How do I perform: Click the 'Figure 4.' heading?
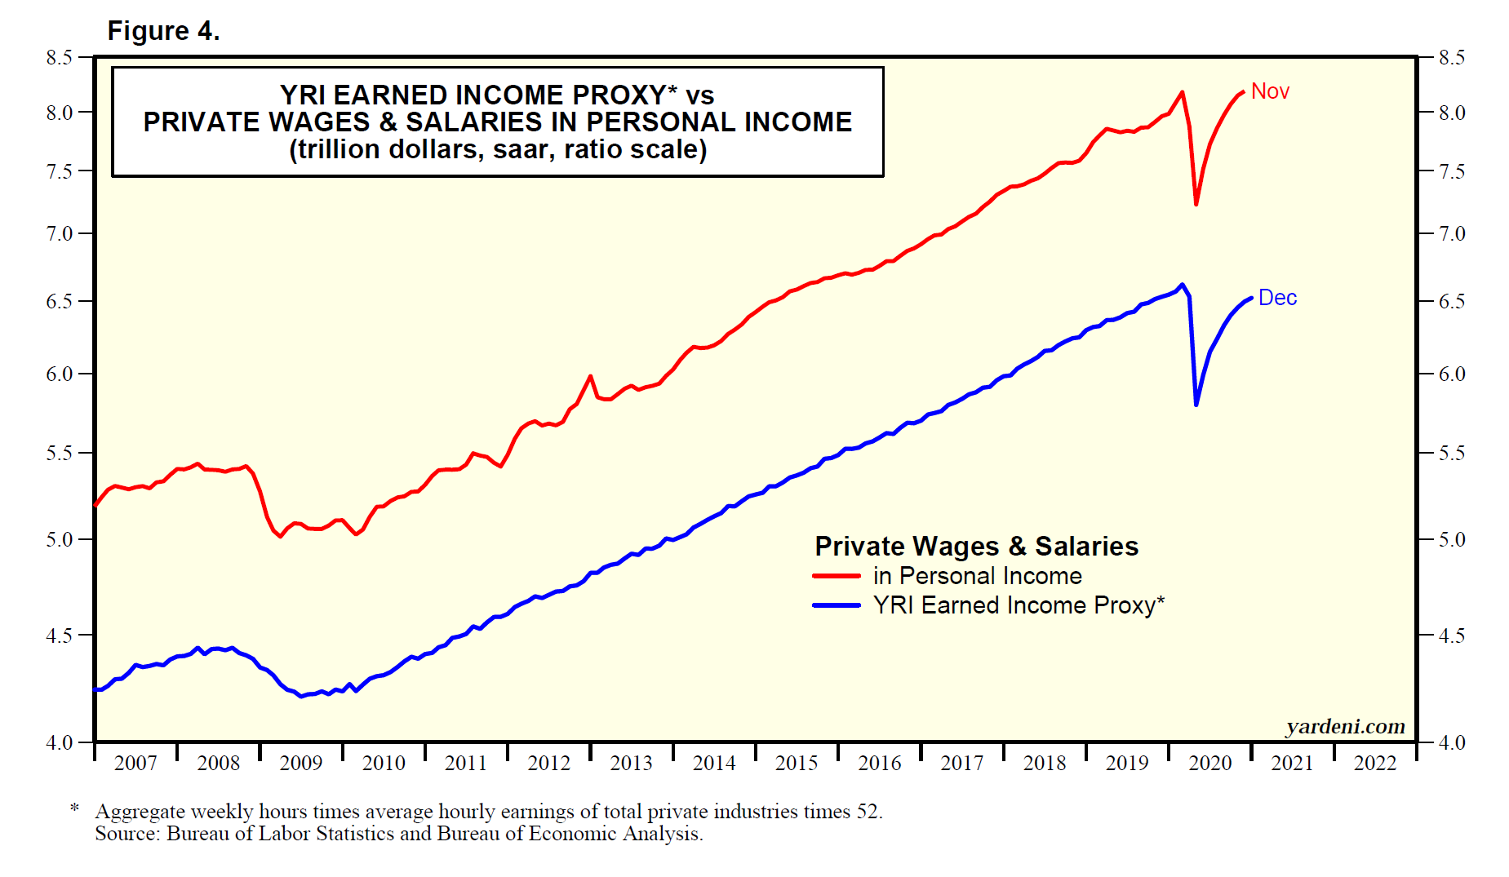[x=163, y=31]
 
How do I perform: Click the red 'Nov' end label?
[x=1270, y=91]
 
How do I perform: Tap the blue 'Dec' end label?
[x=1277, y=298]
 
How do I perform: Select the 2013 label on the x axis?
[x=631, y=763]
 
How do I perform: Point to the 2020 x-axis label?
[x=1209, y=763]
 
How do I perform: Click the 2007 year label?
[x=135, y=763]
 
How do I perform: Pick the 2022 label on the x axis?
[x=1375, y=763]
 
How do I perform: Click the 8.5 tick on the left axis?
[x=60, y=58]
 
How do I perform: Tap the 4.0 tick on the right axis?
[x=1452, y=742]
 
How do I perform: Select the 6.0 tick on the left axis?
[x=60, y=374]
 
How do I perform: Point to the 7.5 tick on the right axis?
[x=1452, y=171]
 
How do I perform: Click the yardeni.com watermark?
[x=1345, y=726]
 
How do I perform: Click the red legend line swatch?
[x=837, y=576]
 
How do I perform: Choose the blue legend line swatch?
[x=837, y=605]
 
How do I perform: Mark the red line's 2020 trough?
[x=1196, y=203]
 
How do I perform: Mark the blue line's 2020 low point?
[x=1196, y=404]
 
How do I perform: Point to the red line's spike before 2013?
[x=590, y=377]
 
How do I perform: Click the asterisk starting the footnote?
[x=75, y=808]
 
